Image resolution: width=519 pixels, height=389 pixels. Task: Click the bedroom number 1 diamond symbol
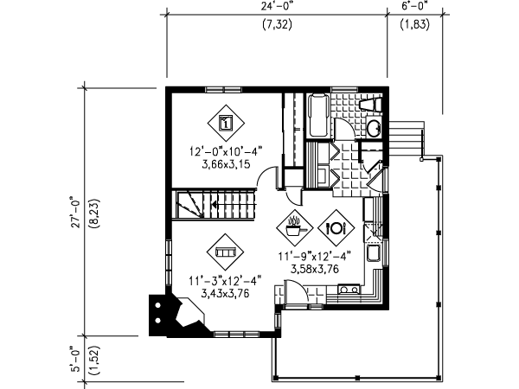point(226,123)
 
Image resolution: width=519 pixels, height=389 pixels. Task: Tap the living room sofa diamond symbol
point(225,252)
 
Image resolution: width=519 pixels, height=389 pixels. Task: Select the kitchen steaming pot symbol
point(295,227)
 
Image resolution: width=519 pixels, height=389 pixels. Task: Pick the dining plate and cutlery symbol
point(336,227)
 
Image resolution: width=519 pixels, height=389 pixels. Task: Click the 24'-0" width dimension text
point(277,6)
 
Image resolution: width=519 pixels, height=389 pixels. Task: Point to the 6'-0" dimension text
point(415,6)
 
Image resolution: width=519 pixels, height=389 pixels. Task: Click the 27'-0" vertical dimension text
point(76,213)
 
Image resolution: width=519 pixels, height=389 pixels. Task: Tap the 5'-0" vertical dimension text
point(76,359)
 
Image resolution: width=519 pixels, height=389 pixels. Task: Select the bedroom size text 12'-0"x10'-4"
point(226,151)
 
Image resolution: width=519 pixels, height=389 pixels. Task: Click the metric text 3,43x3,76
point(225,293)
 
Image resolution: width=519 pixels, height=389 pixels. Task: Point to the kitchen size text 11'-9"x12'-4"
point(315,256)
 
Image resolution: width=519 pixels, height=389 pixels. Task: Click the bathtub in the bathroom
point(318,115)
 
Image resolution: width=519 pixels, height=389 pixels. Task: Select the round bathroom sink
point(374,127)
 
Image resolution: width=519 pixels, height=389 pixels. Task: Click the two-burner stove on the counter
point(349,290)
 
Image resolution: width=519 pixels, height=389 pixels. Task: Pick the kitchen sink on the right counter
point(374,253)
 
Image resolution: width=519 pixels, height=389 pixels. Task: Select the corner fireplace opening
point(190,313)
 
